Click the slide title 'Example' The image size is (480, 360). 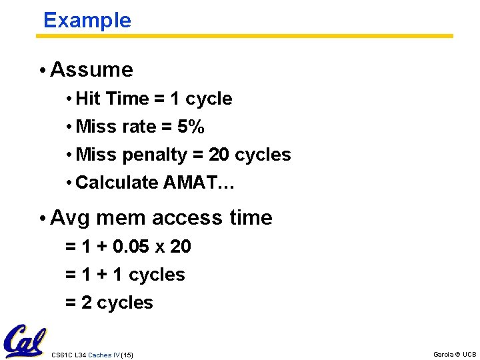tap(87, 20)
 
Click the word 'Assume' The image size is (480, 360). tap(91, 69)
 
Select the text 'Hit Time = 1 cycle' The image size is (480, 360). tap(154, 99)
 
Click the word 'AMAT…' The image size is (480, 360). tap(198, 183)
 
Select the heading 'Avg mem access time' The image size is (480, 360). tap(161, 218)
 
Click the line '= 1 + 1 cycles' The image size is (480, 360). tap(125, 275)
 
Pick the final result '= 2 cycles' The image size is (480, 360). tap(109, 303)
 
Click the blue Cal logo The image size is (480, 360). tap(24, 341)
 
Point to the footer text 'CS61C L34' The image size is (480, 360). tap(69, 355)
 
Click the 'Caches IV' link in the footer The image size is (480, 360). tap(104, 355)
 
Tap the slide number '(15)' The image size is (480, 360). tap(127, 355)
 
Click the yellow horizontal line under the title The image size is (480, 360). tap(244, 36)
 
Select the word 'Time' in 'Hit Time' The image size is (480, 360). tap(127, 99)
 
